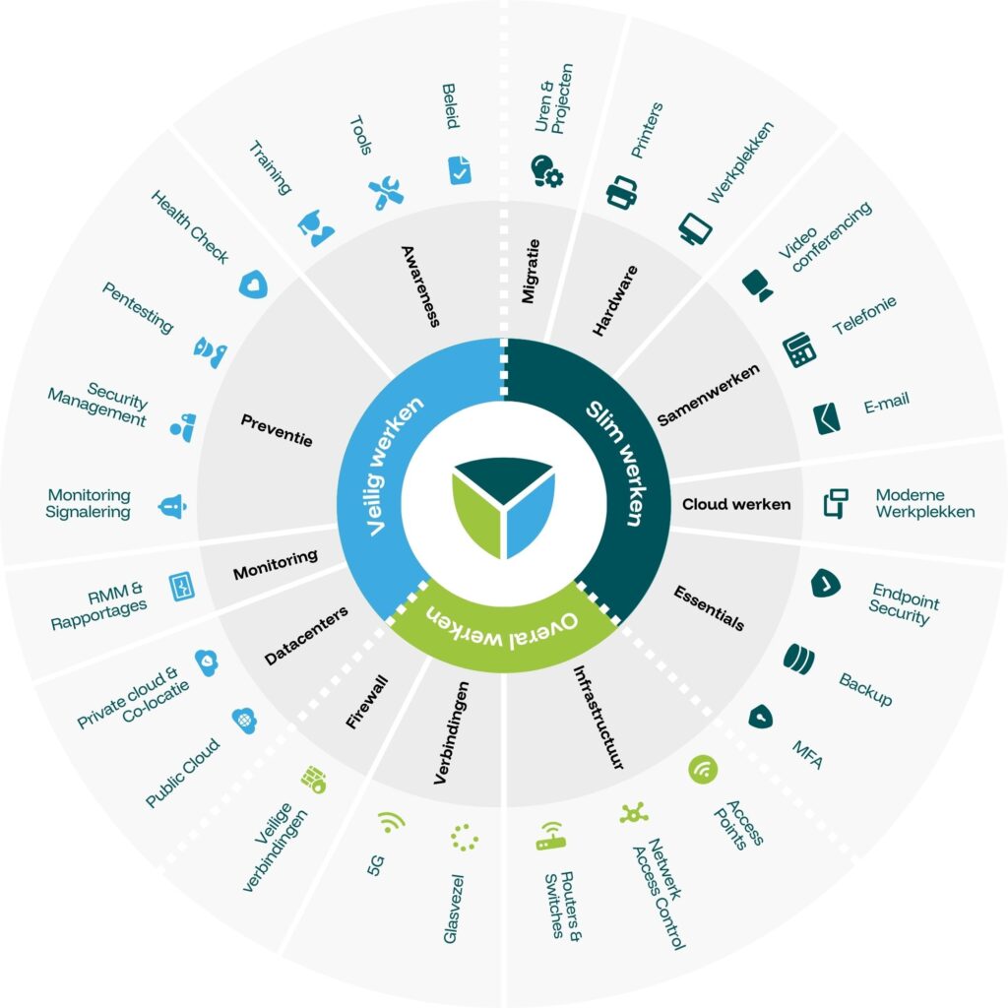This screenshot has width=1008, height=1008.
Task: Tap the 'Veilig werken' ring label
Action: click(x=394, y=465)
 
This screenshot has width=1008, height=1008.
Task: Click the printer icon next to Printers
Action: click(x=622, y=192)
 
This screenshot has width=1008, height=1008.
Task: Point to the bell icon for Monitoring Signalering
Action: click(x=172, y=507)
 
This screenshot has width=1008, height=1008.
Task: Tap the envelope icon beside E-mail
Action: click(x=827, y=418)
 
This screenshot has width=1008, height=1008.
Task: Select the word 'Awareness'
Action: click(x=421, y=286)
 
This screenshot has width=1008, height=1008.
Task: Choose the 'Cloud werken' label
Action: click(x=736, y=504)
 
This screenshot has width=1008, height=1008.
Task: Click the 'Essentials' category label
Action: click(x=709, y=608)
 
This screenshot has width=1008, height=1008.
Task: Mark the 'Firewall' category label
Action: click(x=367, y=701)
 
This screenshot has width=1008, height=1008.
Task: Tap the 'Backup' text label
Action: click(x=866, y=689)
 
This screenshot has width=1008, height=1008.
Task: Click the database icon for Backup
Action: click(x=799, y=659)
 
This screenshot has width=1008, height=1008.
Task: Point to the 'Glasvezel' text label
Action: click(x=453, y=909)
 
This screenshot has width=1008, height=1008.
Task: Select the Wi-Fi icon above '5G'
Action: click(x=391, y=822)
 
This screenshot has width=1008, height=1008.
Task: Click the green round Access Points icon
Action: click(x=703, y=770)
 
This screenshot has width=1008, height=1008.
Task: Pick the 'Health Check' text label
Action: click(x=190, y=227)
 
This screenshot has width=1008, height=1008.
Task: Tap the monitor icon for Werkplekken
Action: click(x=695, y=228)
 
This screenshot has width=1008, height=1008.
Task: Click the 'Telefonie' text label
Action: click(x=864, y=316)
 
